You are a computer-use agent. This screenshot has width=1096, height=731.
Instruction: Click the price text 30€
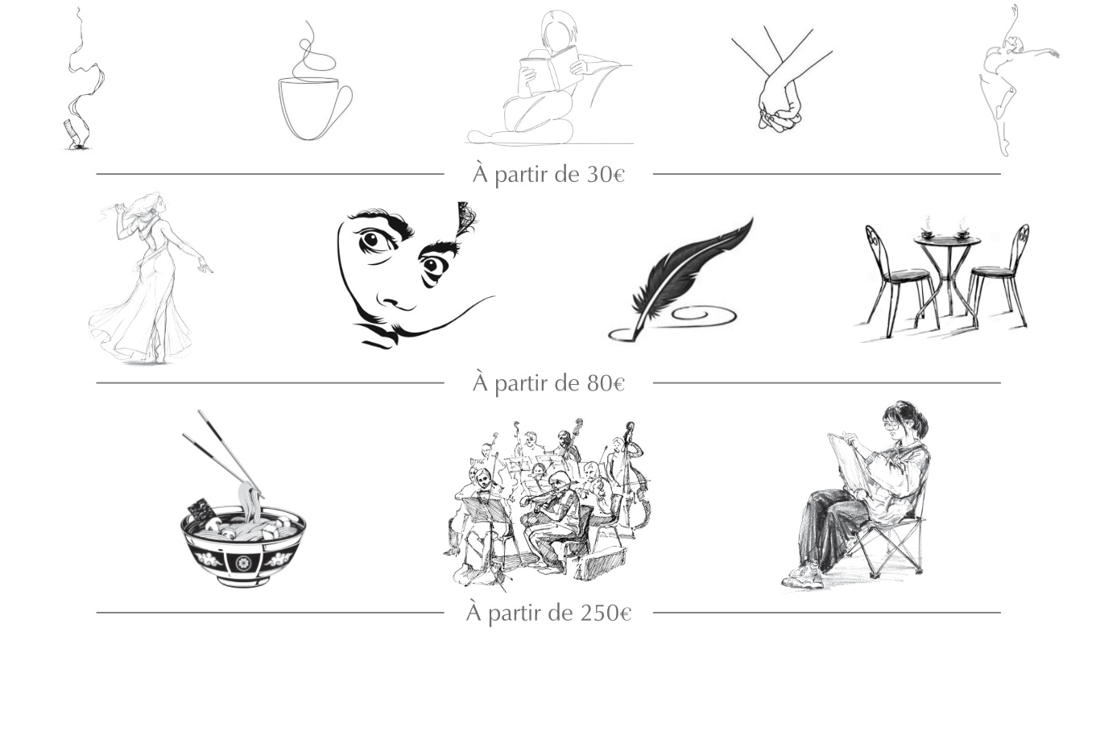[605, 174]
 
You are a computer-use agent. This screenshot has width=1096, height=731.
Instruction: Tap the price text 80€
[605, 383]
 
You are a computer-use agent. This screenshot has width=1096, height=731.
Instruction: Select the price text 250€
[605, 613]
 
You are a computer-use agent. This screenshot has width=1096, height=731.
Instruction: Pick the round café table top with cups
[947, 240]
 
